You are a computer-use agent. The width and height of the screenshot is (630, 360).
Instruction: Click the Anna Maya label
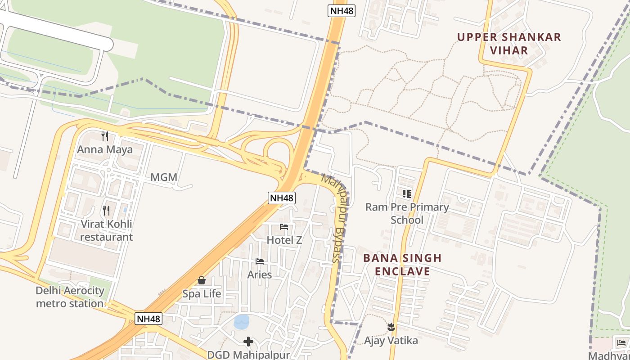[105, 149]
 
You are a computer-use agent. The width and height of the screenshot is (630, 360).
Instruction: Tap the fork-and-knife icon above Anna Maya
[105, 136]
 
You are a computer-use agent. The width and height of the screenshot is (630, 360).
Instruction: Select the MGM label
[164, 177]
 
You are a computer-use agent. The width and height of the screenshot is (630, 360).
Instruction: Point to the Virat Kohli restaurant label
[107, 230]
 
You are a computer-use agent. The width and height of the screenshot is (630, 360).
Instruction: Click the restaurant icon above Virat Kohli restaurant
[106, 210]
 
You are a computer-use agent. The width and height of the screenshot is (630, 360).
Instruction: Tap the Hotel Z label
[284, 240]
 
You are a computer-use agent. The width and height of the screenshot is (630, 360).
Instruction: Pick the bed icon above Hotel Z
[284, 226]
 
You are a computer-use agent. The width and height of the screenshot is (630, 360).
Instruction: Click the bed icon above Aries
[260, 261]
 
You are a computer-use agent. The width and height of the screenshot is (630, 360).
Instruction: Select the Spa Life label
[202, 294]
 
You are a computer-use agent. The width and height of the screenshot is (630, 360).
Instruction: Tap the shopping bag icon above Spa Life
[202, 280]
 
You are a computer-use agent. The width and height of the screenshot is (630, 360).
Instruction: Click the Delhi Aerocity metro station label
[70, 297]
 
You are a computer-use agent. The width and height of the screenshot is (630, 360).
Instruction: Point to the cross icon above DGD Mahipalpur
[248, 342]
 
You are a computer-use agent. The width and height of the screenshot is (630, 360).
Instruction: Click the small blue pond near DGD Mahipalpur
[241, 322]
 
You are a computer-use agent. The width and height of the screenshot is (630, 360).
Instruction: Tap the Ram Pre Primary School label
[407, 213]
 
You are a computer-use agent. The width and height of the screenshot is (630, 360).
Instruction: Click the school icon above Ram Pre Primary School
[407, 194]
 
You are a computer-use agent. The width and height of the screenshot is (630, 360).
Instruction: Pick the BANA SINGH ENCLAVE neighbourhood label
[402, 265]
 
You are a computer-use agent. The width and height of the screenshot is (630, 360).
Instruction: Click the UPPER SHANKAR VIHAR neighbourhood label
[509, 43]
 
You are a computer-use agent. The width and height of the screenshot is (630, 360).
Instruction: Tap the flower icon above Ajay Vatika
[391, 327]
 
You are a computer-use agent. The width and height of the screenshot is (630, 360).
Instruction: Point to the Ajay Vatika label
[391, 341]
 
